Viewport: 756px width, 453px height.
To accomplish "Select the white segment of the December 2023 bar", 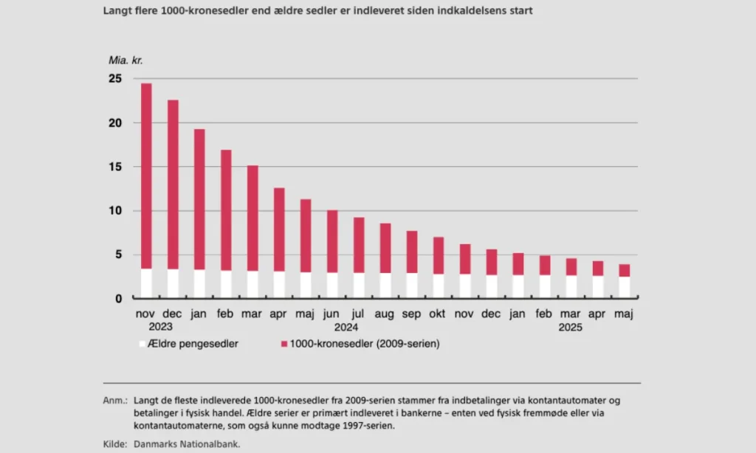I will click(173, 283).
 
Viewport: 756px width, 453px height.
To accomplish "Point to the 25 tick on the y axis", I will click(115, 78).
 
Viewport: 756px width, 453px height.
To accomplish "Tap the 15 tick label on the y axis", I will click(115, 167).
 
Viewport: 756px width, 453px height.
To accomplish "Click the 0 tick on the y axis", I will click(118, 299).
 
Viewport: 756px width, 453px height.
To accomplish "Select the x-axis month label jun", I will click(332, 314).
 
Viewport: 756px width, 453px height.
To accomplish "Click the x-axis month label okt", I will click(438, 314).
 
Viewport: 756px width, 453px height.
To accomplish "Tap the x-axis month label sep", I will click(411, 314).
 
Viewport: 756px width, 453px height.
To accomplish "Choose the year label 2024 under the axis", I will click(346, 327).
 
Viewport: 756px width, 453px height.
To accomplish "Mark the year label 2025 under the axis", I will click(569, 327).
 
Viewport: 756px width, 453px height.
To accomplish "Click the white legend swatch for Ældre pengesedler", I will click(142, 344).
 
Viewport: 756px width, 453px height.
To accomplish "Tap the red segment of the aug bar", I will click(385, 248).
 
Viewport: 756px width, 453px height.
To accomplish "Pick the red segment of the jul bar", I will click(359, 245).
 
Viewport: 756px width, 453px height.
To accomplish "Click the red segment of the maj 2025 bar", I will click(624, 270).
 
